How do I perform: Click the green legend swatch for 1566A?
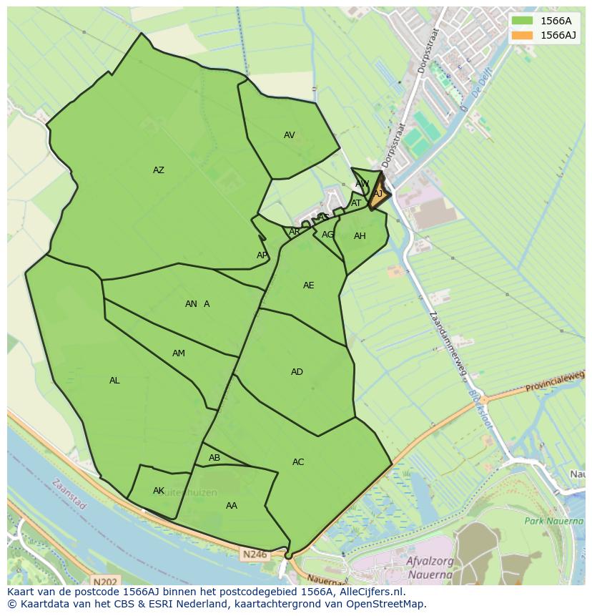522,21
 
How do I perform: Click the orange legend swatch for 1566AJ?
522,35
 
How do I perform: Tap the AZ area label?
159,170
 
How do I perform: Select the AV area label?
289,135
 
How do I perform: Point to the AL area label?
114,381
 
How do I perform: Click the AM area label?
179,353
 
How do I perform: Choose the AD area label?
297,372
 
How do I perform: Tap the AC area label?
298,462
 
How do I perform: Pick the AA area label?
231,506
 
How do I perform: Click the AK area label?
159,491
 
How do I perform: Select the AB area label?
214,458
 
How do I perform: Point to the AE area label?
308,285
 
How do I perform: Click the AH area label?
360,236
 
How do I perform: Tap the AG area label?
327,235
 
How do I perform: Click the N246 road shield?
253,554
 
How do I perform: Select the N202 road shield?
104,582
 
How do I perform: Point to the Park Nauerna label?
553,521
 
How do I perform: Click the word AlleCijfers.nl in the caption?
366,592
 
